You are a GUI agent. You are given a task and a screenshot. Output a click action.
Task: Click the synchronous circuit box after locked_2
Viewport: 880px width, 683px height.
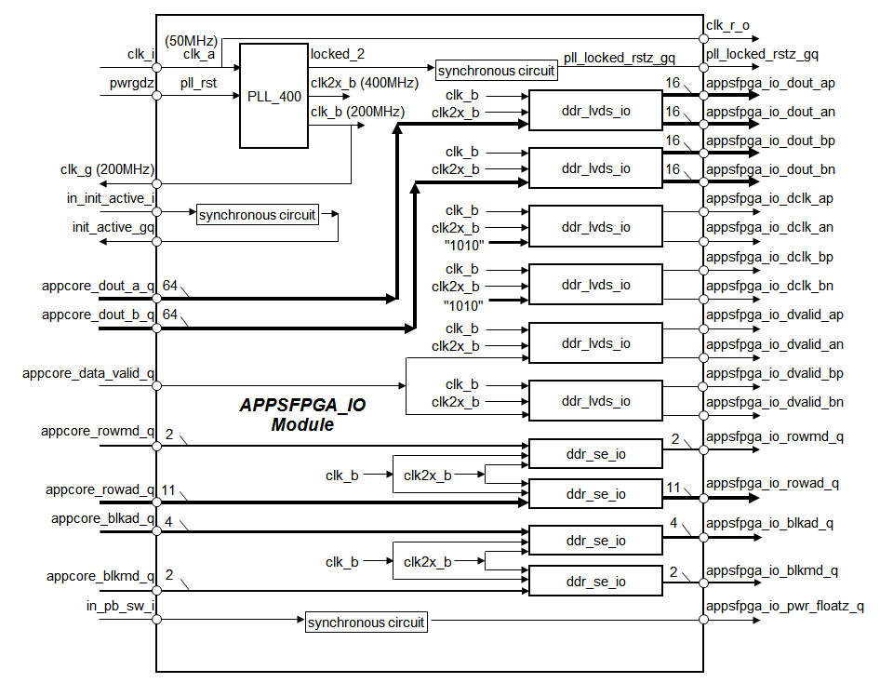(496, 71)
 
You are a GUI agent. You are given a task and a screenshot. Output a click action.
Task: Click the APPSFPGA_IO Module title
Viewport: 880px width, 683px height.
(301, 415)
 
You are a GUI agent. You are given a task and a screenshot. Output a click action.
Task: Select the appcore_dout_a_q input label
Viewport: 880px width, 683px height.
(98, 285)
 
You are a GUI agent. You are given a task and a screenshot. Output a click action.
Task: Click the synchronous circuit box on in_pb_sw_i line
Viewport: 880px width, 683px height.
(366, 622)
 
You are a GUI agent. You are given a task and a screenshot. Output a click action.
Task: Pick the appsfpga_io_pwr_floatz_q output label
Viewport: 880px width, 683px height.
(785, 606)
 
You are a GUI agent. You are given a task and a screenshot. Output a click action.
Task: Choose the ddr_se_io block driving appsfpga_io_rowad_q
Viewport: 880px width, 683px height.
(595, 493)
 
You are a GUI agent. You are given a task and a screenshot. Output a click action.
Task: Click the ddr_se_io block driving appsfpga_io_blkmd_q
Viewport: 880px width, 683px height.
(595, 582)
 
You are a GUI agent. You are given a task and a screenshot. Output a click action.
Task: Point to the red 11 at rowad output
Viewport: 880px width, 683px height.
(671, 485)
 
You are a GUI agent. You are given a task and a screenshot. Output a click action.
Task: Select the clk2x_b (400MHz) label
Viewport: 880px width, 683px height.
(364, 82)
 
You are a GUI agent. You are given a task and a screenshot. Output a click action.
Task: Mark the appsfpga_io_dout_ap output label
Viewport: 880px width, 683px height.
(770, 83)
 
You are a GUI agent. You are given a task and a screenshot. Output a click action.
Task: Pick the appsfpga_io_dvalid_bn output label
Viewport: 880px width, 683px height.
(775, 401)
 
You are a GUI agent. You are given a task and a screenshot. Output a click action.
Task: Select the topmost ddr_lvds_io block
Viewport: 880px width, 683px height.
(595, 111)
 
